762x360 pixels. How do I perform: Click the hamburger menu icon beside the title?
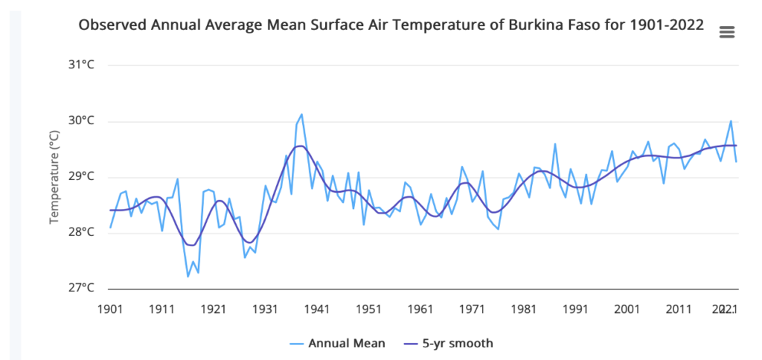coord(727,31)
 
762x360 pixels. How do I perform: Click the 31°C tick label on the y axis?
coord(83,65)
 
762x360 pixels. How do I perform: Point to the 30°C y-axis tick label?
coord(83,120)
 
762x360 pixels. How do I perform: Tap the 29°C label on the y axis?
coord(83,176)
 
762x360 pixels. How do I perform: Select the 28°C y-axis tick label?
coord(83,232)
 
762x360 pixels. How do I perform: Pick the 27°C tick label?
coord(83,288)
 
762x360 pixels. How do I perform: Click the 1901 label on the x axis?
coord(110,309)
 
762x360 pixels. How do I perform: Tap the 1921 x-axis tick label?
coord(214,309)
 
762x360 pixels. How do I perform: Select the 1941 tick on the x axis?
coord(317,309)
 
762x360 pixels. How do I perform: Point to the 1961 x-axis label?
coord(420,309)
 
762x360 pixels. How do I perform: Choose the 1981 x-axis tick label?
coord(524,309)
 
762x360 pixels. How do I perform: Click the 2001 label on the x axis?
coord(627,309)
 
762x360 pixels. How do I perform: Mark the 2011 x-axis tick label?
coord(679,309)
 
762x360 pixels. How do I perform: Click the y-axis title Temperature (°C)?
coord(54,176)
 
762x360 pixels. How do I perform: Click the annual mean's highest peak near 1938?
coord(301,115)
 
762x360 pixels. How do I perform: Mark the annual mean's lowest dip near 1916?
coord(188,277)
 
